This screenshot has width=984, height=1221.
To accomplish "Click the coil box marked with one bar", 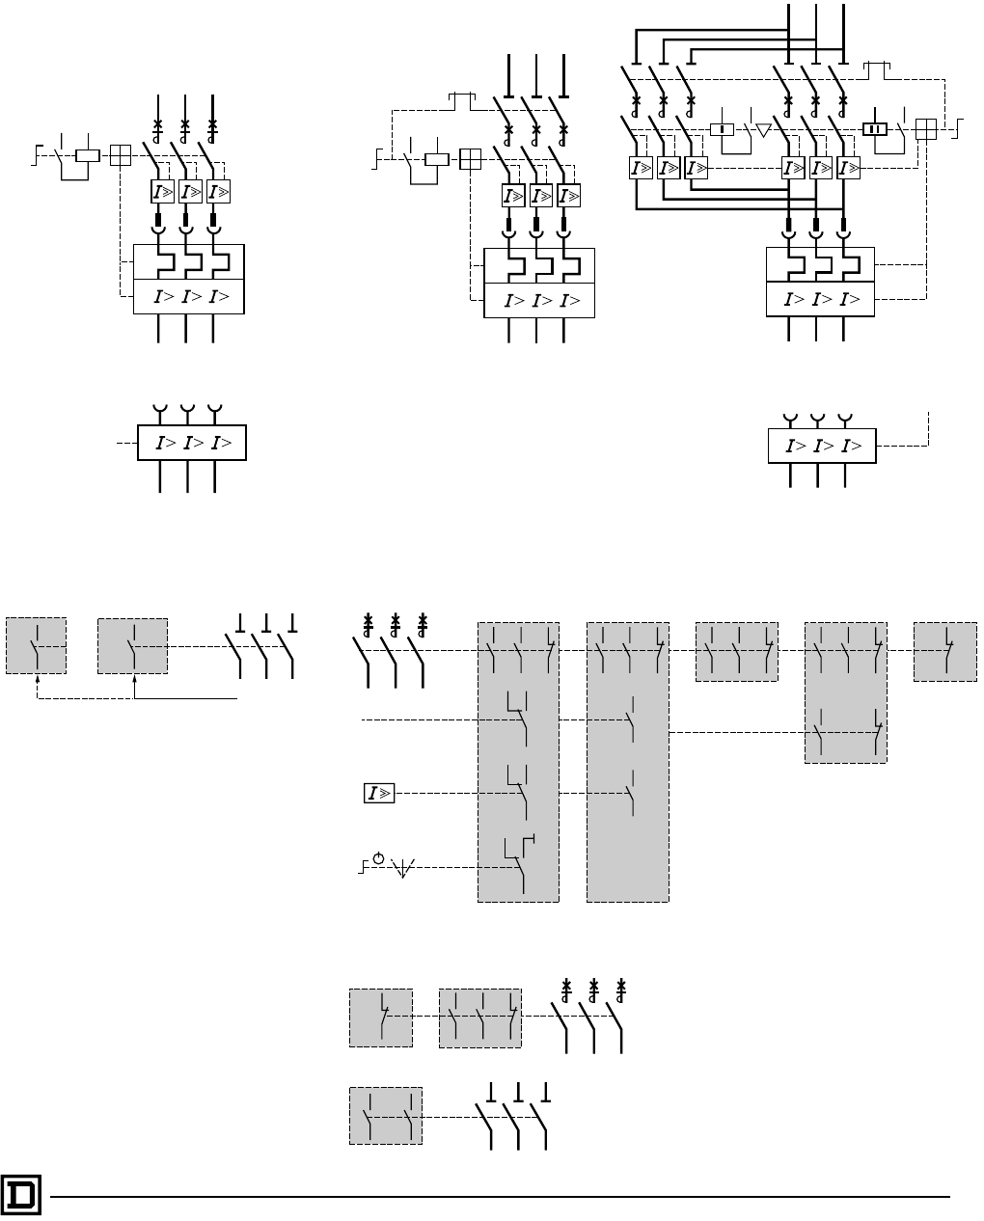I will coord(722,129).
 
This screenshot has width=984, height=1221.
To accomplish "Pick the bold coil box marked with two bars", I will coord(875,128).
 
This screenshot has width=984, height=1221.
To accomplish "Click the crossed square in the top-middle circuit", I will coord(471,158).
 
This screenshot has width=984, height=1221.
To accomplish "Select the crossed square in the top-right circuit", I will coord(925,129).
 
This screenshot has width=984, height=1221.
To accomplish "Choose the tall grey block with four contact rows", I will coord(518,762).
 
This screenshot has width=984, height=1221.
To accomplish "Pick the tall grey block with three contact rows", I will coord(627,762).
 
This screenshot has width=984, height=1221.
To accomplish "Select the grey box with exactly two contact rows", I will coord(845,692).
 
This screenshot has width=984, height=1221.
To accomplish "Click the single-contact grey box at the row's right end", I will coord(944,652).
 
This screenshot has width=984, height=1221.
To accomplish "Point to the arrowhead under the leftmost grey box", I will coord(37,679).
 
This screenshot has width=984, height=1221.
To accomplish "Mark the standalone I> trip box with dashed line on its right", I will coord(822,447).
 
